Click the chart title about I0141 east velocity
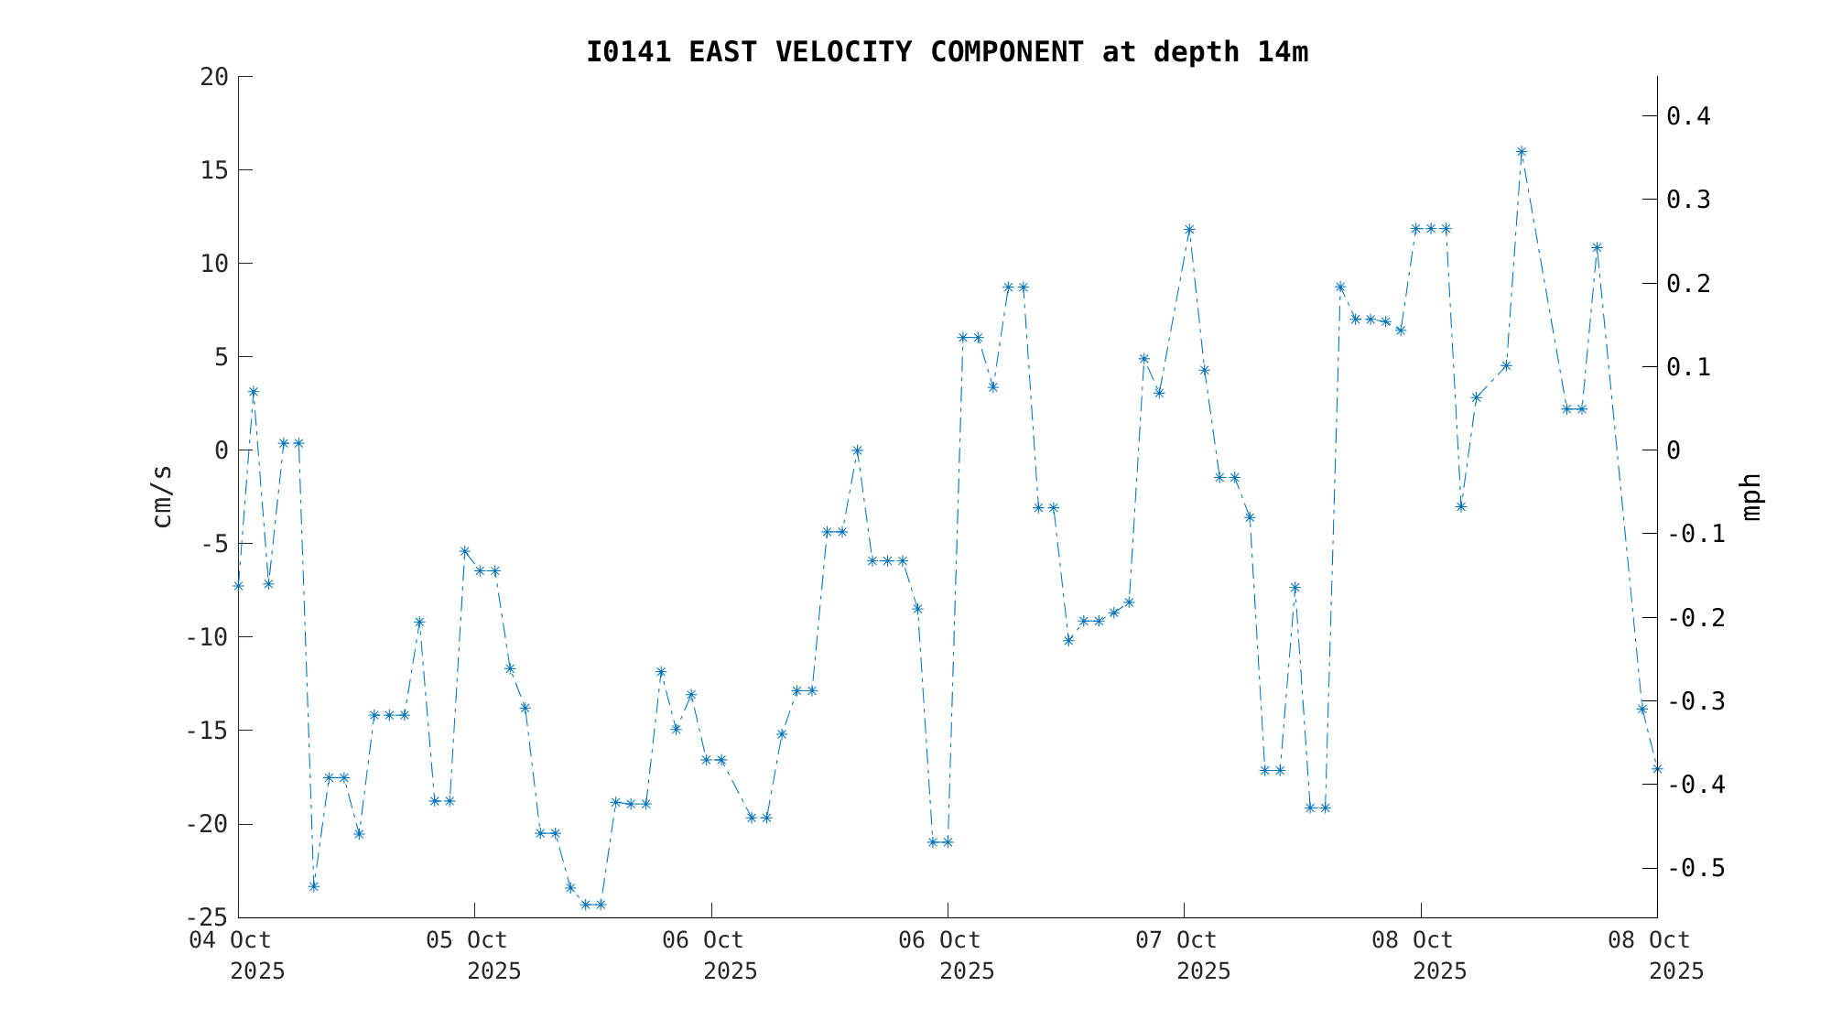[x=947, y=52]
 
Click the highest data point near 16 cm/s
[x=1522, y=152]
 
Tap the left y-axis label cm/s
[x=162, y=496]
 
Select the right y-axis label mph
[x=1750, y=496]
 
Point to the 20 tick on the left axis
[x=214, y=77]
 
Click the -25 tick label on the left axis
[x=207, y=917]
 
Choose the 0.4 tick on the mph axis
[x=1688, y=116]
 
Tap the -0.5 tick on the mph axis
[x=1696, y=868]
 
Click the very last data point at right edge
[x=1657, y=769]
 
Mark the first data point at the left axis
[x=238, y=586]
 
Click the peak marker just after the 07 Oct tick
[x=1189, y=230]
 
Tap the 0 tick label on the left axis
[x=221, y=450]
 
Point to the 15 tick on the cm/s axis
[x=214, y=170]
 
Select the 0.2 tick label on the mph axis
[x=1688, y=284]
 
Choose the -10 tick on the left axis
[x=207, y=637]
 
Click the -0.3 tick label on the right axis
[x=1696, y=701]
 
